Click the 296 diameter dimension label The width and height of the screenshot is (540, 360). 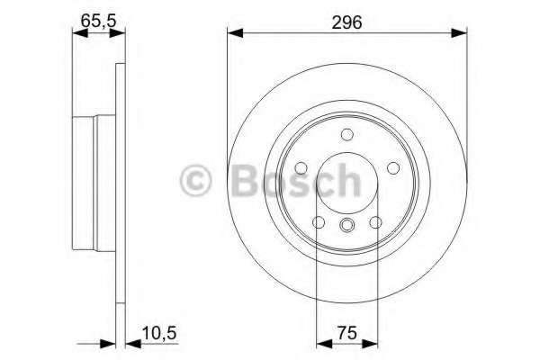click(346, 22)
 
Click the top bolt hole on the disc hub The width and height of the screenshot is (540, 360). click(346, 135)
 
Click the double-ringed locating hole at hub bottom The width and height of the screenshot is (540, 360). click(346, 226)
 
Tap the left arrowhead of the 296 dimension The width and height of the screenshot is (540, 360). click(233, 34)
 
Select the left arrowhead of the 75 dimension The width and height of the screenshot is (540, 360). click(323, 342)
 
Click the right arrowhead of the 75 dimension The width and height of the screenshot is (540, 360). click(370, 342)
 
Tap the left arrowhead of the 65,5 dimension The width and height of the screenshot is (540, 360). click(76, 34)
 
